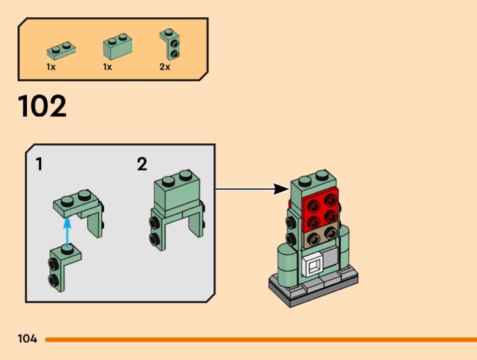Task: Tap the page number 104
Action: pos(27,339)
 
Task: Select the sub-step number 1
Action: pos(39,164)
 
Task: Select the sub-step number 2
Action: pos(142,164)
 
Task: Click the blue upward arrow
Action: pos(68,231)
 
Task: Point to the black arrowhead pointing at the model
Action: pos(281,189)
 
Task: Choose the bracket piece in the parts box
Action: pos(169,44)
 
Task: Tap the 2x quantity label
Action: pos(164,67)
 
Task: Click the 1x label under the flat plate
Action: pos(51,67)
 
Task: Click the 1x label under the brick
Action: pos(107,67)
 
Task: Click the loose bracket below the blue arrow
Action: pos(64,267)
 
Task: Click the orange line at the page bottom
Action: pos(261,339)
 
